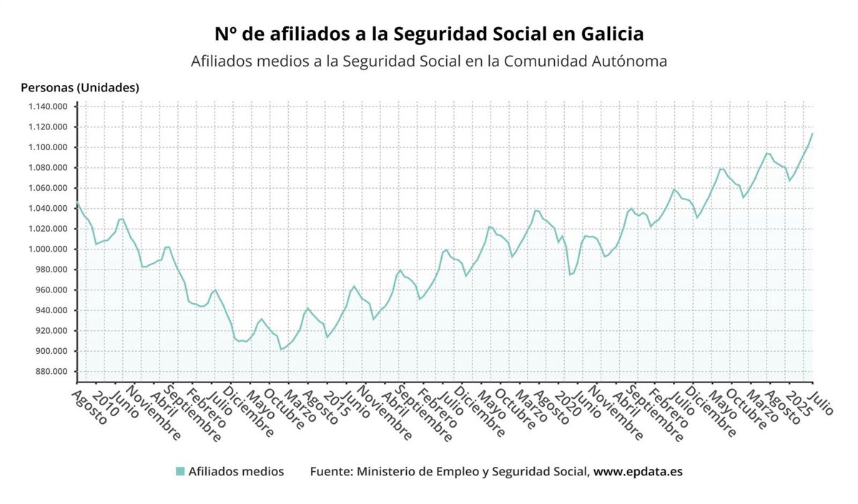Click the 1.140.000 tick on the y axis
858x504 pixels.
pyautogui.click(x=47, y=107)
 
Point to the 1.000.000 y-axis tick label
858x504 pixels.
pyautogui.click(x=47, y=249)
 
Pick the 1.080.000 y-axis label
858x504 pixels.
pyautogui.click(x=47, y=168)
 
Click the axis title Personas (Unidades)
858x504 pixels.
pyautogui.click(x=80, y=88)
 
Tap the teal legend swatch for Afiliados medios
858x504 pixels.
pyautogui.click(x=180, y=472)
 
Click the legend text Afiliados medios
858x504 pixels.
pyautogui.click(x=236, y=472)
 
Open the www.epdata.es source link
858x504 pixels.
pyautogui.click(x=638, y=472)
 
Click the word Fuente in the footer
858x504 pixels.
pyautogui.click(x=330, y=472)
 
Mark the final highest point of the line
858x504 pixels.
pyautogui.click(x=812, y=134)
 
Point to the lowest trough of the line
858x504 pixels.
pyautogui.click(x=281, y=349)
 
